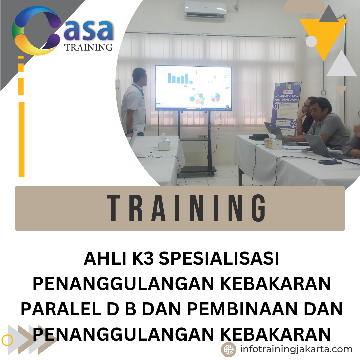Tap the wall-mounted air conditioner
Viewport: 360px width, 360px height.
(x=205, y=9)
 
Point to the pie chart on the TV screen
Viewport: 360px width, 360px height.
(x=215, y=97)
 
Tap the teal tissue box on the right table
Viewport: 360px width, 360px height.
(x=273, y=141)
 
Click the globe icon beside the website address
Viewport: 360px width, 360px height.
(x=229, y=349)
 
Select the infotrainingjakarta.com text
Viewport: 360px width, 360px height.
(x=296, y=349)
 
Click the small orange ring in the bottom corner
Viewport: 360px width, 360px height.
(x=7, y=340)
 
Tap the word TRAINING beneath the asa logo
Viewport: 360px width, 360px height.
(x=88, y=47)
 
